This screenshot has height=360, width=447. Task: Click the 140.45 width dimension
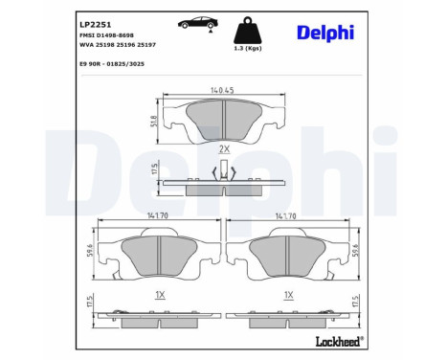[x=222, y=92]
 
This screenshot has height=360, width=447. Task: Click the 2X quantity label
[x=224, y=149]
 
